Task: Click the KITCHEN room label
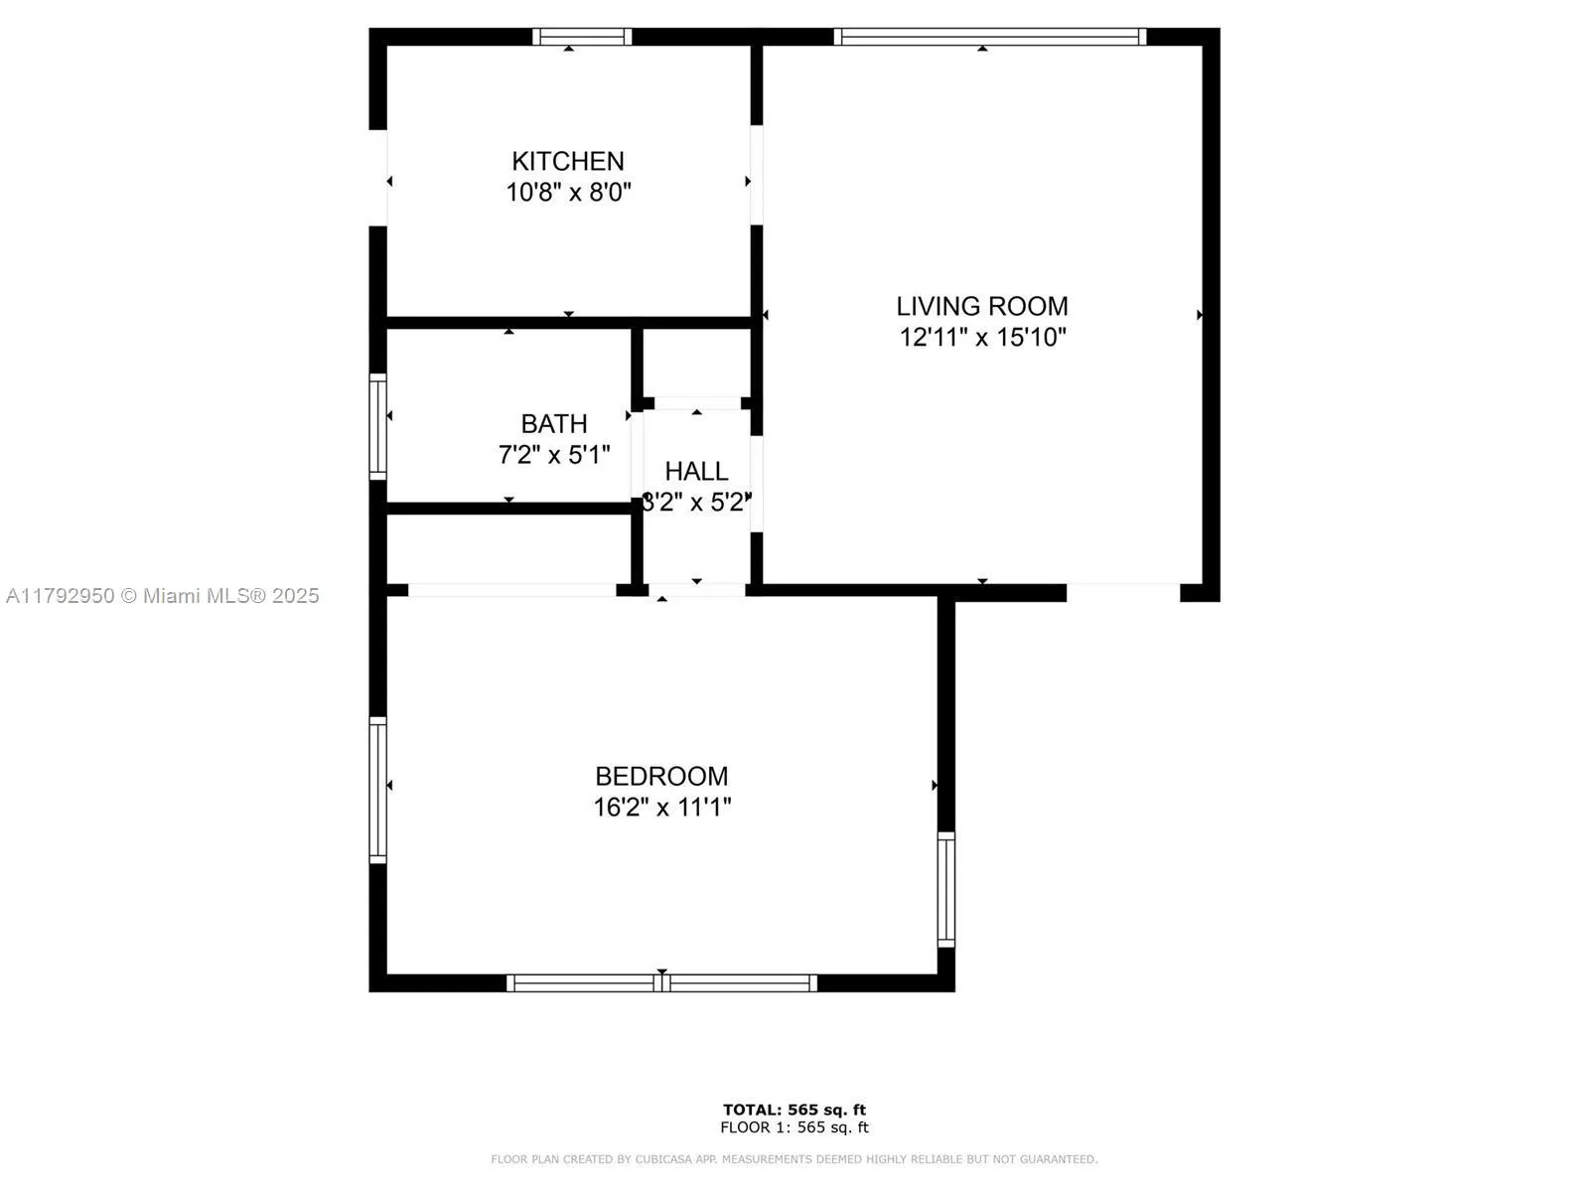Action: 568,161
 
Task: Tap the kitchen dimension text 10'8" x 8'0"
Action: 568,193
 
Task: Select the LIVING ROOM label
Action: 982,306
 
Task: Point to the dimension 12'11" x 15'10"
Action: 982,338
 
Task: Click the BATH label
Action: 554,424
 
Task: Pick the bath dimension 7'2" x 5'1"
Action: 554,455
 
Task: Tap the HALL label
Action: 696,471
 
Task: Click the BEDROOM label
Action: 661,776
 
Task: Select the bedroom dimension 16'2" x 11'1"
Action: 661,807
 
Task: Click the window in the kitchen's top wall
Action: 582,37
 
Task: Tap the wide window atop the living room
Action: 989,37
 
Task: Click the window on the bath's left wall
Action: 377,426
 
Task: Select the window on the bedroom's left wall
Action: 377,790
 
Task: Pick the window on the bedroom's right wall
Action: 946,889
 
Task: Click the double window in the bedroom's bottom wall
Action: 661,983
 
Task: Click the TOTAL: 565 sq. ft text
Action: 794,1110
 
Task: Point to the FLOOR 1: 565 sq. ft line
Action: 794,1127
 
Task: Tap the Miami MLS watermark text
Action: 163,596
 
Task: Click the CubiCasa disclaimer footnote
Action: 794,1159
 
